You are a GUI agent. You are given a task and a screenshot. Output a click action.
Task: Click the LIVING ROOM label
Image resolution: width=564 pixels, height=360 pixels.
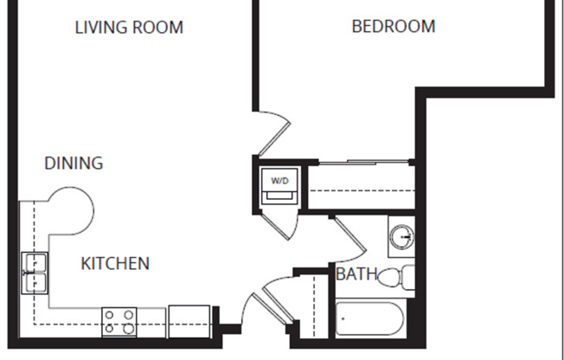pyautogui.click(x=129, y=27)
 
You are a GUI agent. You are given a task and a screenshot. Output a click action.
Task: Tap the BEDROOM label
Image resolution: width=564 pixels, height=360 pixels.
pyautogui.click(x=393, y=26)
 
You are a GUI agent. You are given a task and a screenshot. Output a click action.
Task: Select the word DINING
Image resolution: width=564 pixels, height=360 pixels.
pyautogui.click(x=74, y=163)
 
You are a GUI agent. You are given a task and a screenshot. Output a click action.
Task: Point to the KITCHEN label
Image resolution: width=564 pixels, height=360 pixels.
pyautogui.click(x=115, y=263)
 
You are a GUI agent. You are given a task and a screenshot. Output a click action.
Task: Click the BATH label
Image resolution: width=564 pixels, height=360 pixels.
pyautogui.click(x=356, y=275)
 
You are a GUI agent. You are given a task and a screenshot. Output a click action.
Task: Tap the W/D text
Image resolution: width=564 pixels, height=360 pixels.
pyautogui.click(x=280, y=181)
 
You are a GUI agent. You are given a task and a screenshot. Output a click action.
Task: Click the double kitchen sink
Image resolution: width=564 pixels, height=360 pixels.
pyautogui.click(x=34, y=273)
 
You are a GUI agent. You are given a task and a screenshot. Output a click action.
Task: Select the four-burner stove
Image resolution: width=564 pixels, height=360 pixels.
pyautogui.click(x=120, y=322)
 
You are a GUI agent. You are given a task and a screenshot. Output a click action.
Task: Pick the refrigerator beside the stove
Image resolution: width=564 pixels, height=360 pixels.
pyautogui.click(x=189, y=320)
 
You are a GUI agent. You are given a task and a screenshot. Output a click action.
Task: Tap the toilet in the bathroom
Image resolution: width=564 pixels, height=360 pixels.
pyautogui.click(x=397, y=278)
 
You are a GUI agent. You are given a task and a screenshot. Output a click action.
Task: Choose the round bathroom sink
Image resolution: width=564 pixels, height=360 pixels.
pyautogui.click(x=402, y=236)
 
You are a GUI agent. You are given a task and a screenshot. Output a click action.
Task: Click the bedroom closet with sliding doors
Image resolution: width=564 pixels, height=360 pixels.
pyautogui.click(x=358, y=185)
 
